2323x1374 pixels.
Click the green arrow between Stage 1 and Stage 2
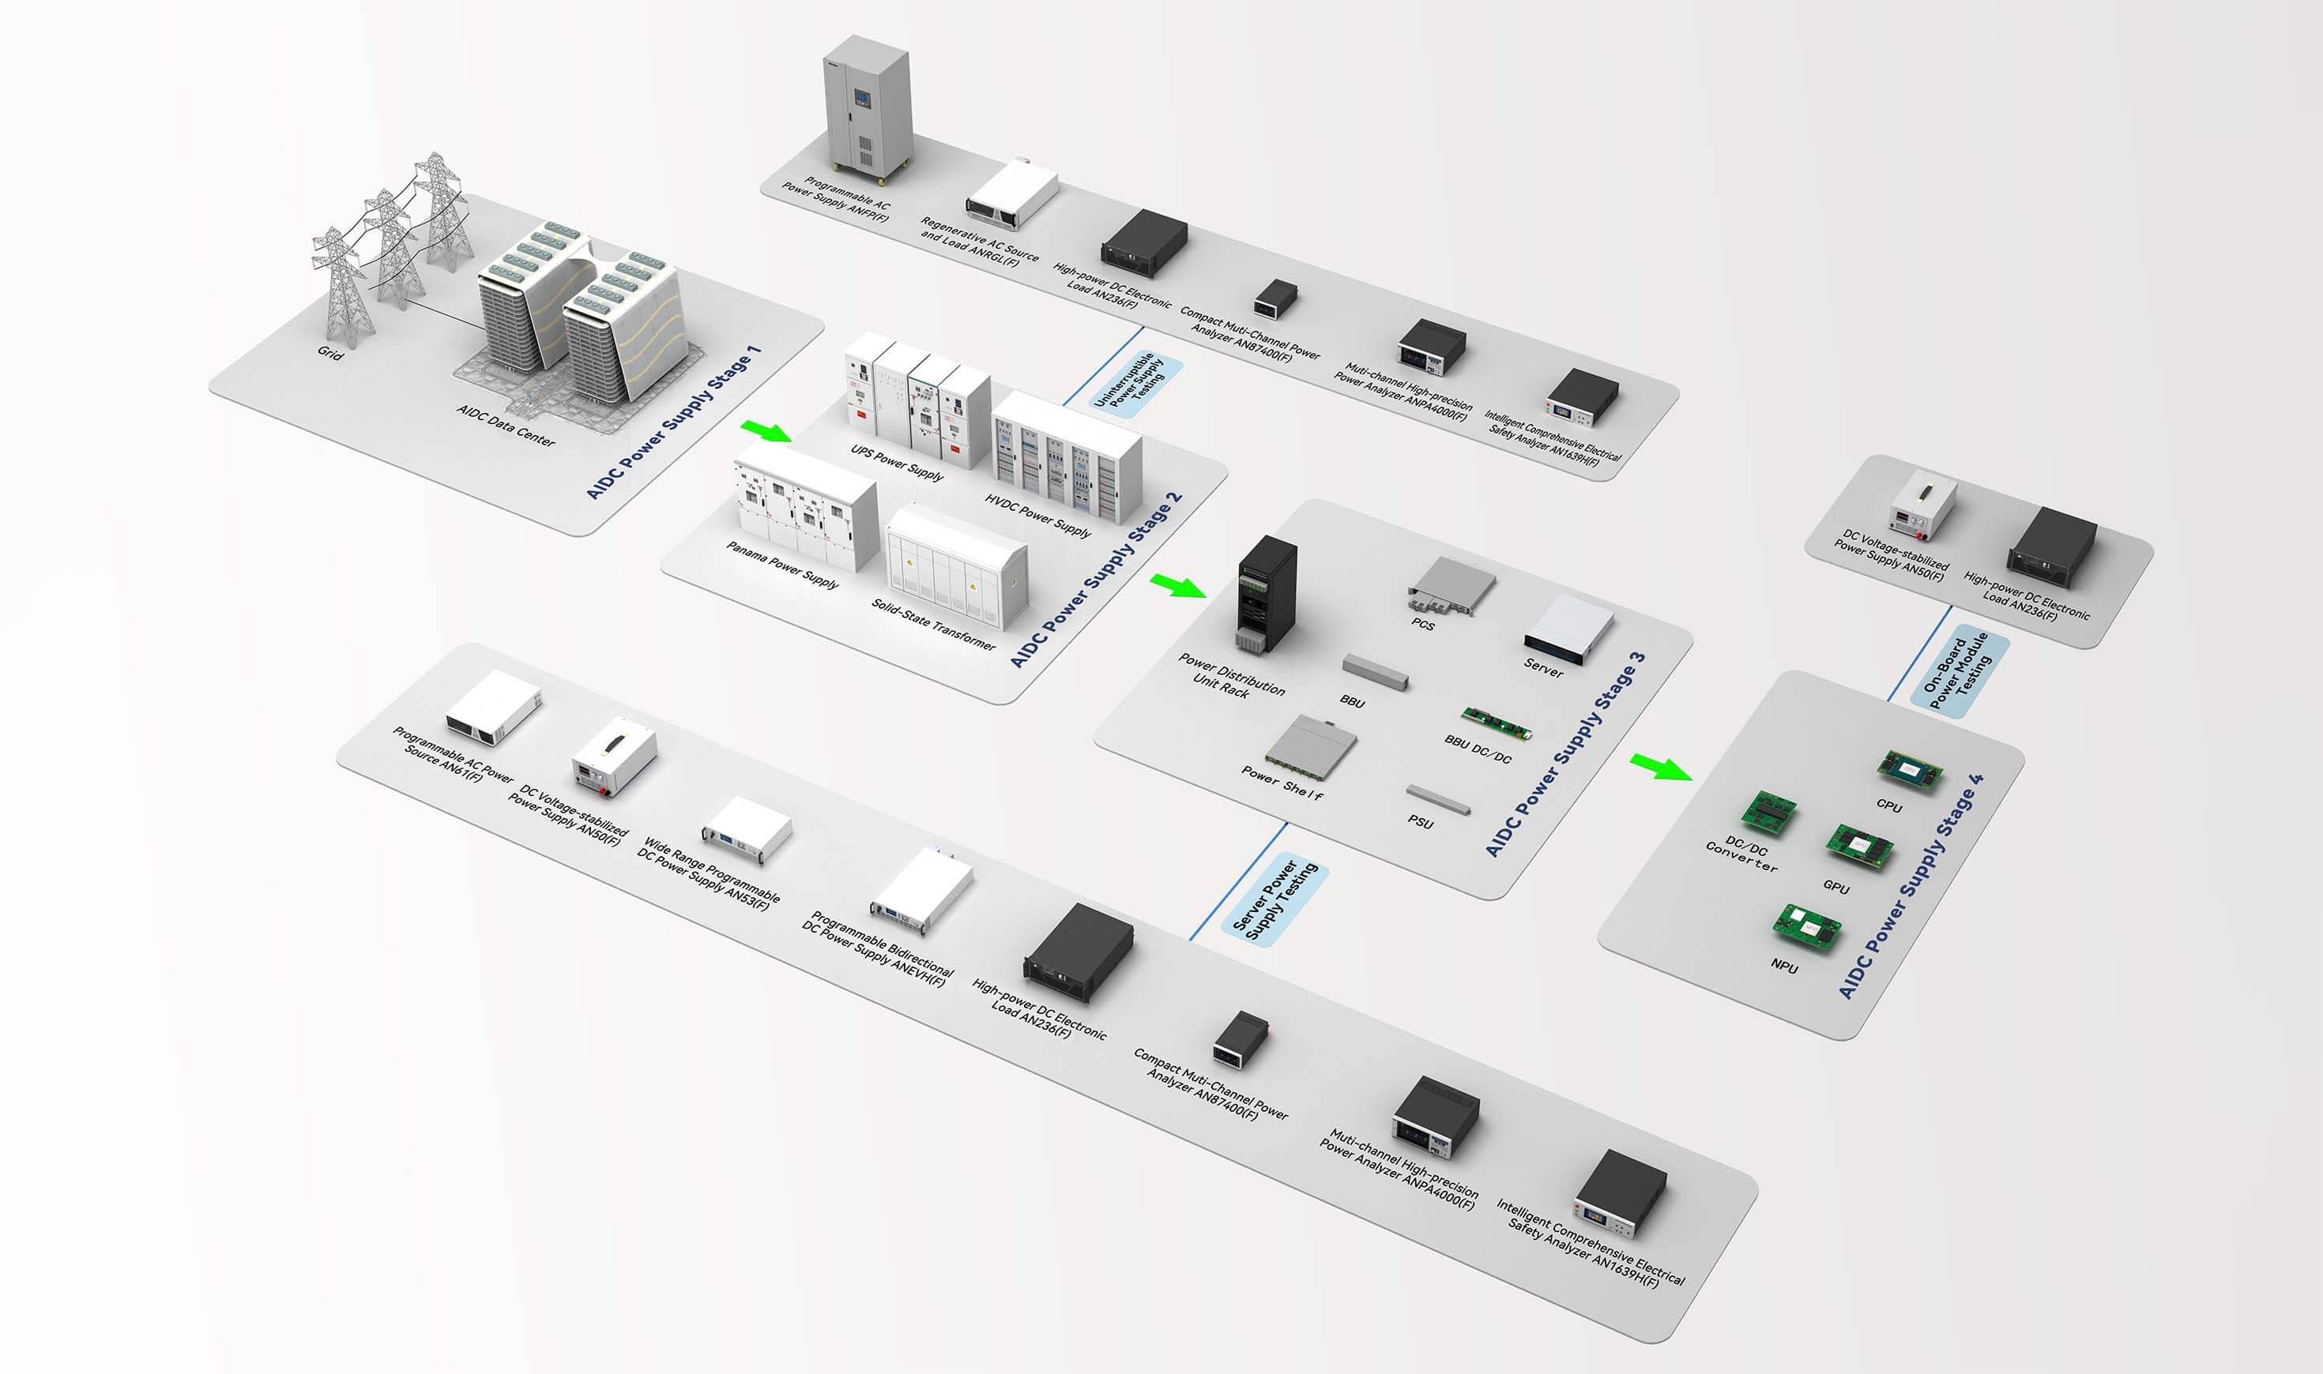click(x=767, y=430)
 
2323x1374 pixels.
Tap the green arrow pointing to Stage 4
click(x=1661, y=767)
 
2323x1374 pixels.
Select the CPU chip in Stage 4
click(x=1909, y=769)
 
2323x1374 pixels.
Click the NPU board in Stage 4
click(x=1806, y=927)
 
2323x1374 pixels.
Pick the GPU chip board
click(x=1859, y=845)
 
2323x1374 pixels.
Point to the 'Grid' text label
click(x=329, y=353)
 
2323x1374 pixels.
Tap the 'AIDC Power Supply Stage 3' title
click(x=1565, y=755)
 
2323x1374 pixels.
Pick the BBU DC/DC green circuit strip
click(x=1496, y=723)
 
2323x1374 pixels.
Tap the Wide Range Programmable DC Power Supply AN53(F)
click(x=747, y=830)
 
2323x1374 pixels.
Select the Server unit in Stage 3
click(x=1569, y=628)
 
